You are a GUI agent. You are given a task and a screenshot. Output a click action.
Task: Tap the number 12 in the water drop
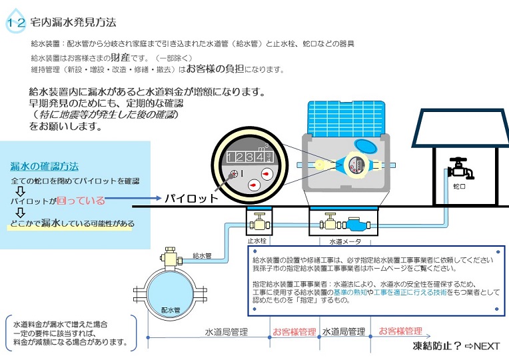pyautogui.click(x=16, y=23)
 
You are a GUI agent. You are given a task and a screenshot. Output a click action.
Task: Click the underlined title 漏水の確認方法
pyautogui.click(x=44, y=166)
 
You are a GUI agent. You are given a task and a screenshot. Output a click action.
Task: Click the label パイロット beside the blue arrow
pyautogui.click(x=191, y=199)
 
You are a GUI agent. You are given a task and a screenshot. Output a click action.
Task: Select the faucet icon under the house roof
pyautogui.click(x=460, y=168)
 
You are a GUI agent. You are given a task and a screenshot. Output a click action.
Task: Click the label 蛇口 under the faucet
pyautogui.click(x=459, y=187)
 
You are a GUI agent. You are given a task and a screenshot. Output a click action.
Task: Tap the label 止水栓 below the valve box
pyautogui.click(x=257, y=241)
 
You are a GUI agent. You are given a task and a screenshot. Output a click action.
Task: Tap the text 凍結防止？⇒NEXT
pyautogui.click(x=456, y=346)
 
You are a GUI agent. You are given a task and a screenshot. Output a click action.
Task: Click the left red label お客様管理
pyautogui.click(x=294, y=331)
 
